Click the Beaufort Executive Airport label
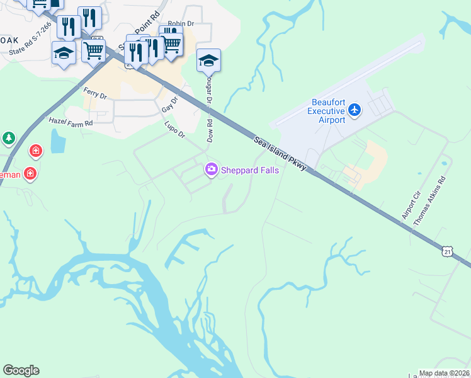329,112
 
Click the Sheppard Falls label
246,169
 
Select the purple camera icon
210,169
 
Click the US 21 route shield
447,251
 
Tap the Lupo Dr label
174,130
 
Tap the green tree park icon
8,137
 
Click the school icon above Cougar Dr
208,60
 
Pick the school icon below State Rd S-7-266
64,52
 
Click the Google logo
21,370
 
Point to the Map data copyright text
444,373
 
